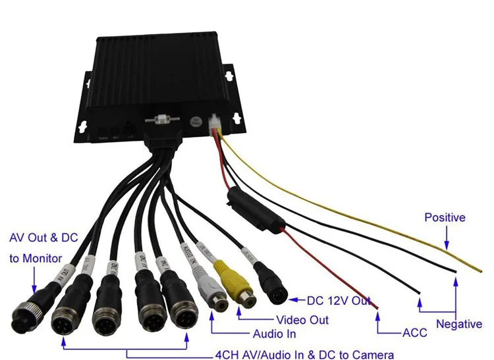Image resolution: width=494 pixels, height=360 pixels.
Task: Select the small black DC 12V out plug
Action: pos(271,283)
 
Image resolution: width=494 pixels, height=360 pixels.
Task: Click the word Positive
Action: pos(445,217)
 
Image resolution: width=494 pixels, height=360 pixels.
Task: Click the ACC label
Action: pos(414,332)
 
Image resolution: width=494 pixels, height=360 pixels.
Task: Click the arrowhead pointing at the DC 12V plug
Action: pos(294,300)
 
